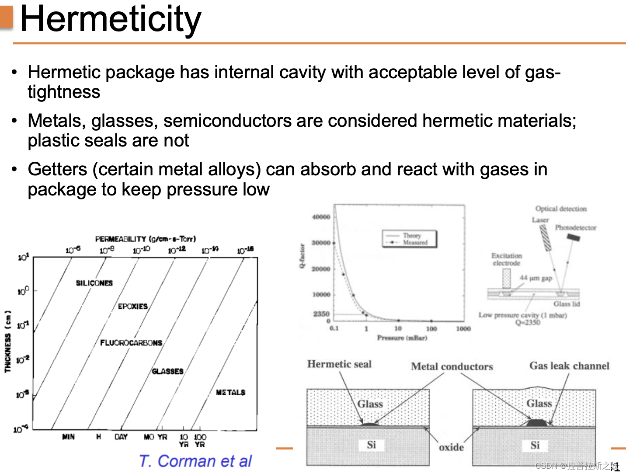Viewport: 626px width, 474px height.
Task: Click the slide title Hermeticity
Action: pos(111,19)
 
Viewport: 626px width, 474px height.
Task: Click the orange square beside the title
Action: pos(7,17)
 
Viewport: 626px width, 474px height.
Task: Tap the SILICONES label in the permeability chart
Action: pos(94,283)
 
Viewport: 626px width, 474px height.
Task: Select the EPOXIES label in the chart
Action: pos(133,306)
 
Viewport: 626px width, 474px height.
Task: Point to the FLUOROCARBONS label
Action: pos(131,342)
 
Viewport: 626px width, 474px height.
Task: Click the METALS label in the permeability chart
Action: pos(230,392)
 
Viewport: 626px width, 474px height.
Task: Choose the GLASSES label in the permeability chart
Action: pos(167,371)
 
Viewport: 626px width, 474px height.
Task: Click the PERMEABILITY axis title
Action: pos(146,239)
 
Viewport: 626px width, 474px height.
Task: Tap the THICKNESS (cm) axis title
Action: pos(7,341)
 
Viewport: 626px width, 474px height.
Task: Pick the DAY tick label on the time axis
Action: pos(121,436)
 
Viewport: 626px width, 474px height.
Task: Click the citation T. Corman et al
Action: pos(195,461)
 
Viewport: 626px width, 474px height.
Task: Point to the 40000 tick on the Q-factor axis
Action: pos(321,217)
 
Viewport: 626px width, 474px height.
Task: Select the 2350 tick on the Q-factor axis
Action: pos(321,314)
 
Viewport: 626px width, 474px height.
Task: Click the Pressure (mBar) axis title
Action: pos(402,338)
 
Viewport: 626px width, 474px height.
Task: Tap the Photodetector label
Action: pos(575,227)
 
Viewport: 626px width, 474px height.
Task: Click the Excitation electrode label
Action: pos(506,259)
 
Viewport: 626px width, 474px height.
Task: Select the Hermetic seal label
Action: pos(339,364)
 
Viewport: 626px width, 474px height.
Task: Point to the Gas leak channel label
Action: pos(569,366)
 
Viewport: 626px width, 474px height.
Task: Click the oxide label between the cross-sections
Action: pos(451,447)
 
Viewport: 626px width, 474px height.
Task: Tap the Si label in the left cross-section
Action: pos(371,445)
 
